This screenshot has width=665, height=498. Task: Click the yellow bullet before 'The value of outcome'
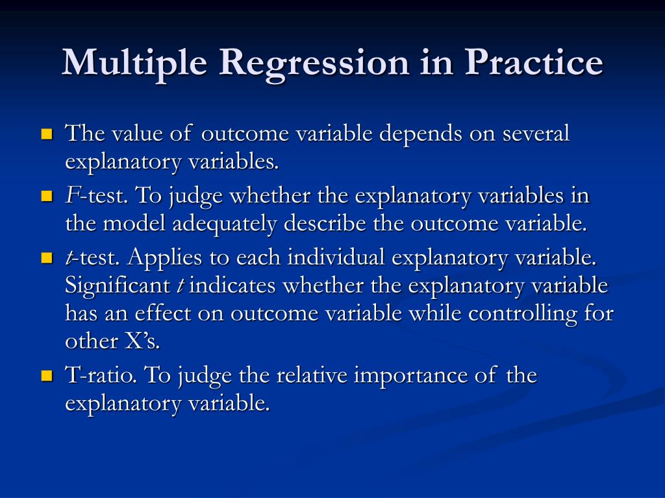[x=47, y=134]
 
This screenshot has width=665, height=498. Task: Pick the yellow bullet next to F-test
[x=47, y=196]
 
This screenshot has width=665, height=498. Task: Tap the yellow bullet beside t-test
[x=47, y=258]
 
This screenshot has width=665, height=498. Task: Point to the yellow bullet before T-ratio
[x=47, y=375]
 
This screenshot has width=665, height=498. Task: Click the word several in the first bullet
[x=536, y=134]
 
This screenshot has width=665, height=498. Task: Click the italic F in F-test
[x=71, y=195]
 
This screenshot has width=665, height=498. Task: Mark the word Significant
[x=118, y=286]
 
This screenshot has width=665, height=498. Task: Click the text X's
[x=142, y=341]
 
